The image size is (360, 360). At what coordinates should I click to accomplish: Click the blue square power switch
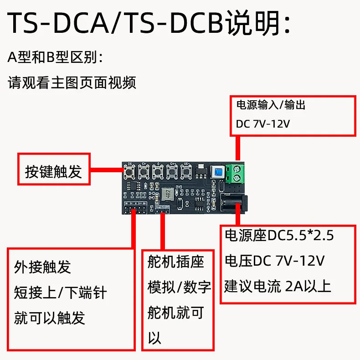click(x=218, y=172)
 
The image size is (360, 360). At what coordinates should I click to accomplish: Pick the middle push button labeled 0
click(x=159, y=172)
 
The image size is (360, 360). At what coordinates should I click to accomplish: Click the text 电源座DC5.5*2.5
click(x=279, y=236)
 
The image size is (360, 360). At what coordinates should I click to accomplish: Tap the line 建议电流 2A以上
click(x=278, y=286)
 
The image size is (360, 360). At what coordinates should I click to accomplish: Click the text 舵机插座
click(x=175, y=262)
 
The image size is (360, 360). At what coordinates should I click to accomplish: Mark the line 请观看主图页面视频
click(x=72, y=83)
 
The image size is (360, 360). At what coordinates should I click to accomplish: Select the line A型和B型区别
click(x=56, y=57)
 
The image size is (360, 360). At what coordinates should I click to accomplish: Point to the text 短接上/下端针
click(x=60, y=292)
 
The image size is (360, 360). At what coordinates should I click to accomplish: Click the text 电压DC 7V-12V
click(x=274, y=261)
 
